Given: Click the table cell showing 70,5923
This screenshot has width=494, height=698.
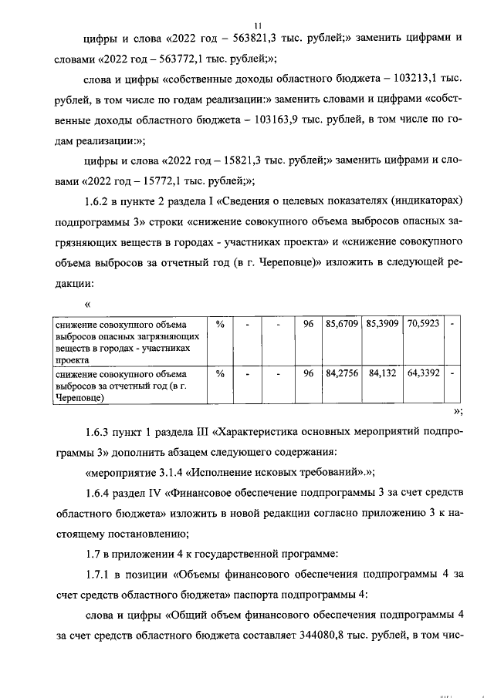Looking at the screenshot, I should (423, 324).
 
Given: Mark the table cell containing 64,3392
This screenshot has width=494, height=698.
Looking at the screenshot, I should (423, 373).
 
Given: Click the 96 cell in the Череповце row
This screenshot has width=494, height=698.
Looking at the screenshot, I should (307, 373).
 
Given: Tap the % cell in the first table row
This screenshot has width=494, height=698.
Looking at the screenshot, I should (220, 324).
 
